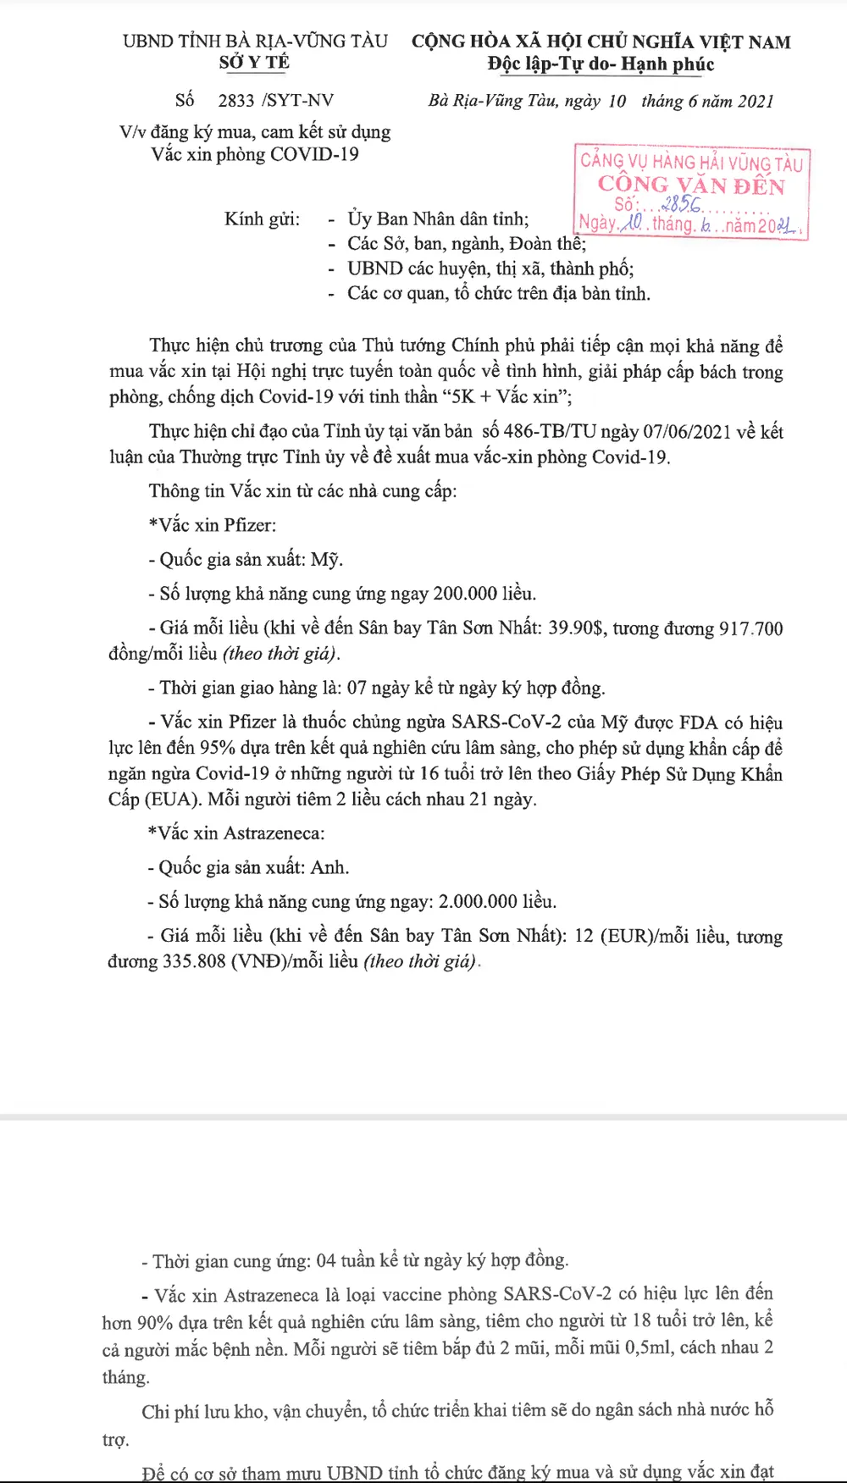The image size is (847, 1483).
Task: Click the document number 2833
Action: [236, 101]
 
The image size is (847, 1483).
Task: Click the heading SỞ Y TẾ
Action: [254, 63]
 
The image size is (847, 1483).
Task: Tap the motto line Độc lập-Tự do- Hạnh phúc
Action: [601, 64]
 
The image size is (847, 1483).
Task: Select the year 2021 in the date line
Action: [756, 102]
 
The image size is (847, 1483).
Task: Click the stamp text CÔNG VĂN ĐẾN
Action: [691, 185]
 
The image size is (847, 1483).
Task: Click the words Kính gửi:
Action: [262, 219]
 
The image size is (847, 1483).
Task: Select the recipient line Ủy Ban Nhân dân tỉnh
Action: [438, 219]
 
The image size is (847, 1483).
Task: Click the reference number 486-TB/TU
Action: [550, 432]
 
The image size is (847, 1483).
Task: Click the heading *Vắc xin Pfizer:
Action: [213, 526]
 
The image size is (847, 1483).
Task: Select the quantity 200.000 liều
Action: [484, 594]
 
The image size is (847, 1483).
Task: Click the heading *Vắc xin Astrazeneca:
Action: [236, 834]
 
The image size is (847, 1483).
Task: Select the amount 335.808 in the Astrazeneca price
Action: [194, 962]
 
